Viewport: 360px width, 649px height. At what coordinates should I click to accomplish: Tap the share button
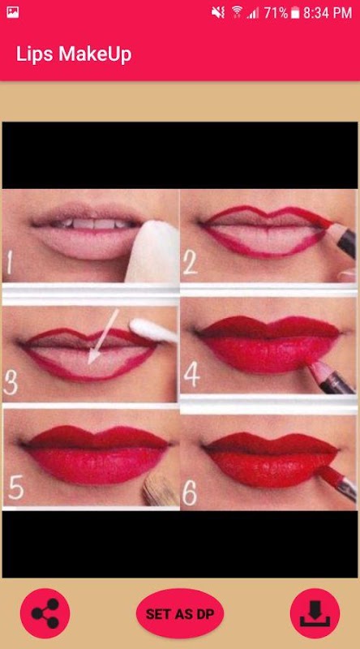45,613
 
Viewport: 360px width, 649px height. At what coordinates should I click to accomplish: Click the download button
315,613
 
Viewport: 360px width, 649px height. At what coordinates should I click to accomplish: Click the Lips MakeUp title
74,54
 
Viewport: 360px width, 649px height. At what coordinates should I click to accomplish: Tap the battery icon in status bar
294,13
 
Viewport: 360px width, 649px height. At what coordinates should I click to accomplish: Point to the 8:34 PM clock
328,13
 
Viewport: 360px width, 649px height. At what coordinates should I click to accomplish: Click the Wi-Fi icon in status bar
237,12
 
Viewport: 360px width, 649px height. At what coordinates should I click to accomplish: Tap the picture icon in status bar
12,12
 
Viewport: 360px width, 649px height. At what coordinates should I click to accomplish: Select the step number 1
10,264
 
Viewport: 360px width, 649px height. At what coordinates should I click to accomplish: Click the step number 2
191,263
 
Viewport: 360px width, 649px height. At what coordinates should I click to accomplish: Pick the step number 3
11,382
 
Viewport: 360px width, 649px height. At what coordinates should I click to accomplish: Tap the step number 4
191,376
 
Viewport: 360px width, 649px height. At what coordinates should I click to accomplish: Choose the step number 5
15,488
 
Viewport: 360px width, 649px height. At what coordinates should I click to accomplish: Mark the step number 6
190,493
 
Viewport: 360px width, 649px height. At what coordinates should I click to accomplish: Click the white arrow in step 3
104,337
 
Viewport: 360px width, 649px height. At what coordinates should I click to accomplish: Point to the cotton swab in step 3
153,330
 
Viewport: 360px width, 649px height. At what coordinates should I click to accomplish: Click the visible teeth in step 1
93,224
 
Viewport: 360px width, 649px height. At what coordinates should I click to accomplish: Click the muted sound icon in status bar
218,12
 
